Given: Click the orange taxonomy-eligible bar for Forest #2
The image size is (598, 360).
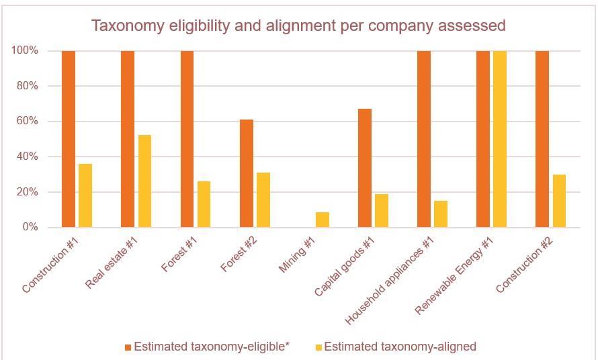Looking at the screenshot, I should pyautogui.click(x=247, y=173).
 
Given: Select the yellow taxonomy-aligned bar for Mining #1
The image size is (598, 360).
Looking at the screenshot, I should pyautogui.click(x=323, y=220).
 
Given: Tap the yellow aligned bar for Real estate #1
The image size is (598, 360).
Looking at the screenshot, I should pyautogui.click(x=144, y=181).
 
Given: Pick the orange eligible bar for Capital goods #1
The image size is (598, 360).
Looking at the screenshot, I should pyautogui.click(x=365, y=168).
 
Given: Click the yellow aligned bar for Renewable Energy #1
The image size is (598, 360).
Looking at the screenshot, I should pyautogui.click(x=500, y=139).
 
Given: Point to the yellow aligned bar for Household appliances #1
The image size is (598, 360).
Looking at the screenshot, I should pyautogui.click(x=441, y=214).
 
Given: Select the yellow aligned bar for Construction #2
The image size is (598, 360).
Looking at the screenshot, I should pyautogui.click(x=559, y=201).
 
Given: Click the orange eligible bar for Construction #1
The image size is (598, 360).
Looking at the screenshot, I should pyautogui.click(x=69, y=139).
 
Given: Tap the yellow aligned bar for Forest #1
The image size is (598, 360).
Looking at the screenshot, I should pyautogui.click(x=204, y=204).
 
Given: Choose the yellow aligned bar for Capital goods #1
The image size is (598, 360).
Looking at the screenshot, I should pyautogui.click(x=382, y=210).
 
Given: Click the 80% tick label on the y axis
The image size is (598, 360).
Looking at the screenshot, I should pyautogui.click(x=25, y=86).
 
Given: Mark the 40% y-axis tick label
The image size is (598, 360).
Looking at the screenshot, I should pyautogui.click(x=25, y=156).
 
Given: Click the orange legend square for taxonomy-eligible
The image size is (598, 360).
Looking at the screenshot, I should pyautogui.click(x=128, y=347).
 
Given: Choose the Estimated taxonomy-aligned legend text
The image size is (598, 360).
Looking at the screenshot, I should pyautogui.click(x=400, y=347).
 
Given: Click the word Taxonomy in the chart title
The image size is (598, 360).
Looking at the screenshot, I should pyautogui.click(x=126, y=26).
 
